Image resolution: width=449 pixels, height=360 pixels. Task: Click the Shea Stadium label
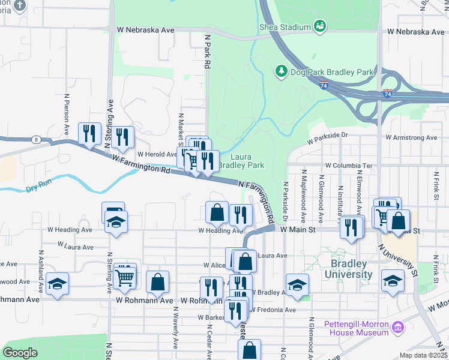click(285, 27)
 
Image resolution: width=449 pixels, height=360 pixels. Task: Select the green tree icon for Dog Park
click(280, 71)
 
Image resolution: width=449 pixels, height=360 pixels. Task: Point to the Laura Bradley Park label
click(240, 161)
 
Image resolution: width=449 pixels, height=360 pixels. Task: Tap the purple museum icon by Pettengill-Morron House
click(397, 328)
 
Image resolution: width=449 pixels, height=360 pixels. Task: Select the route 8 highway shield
click(37, 139)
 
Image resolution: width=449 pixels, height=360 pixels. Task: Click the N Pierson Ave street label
click(66, 114)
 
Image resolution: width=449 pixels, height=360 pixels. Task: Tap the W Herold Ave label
click(156, 154)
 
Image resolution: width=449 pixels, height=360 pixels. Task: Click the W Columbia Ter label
click(349, 165)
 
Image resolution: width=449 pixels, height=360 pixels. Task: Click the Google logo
click(20, 353)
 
